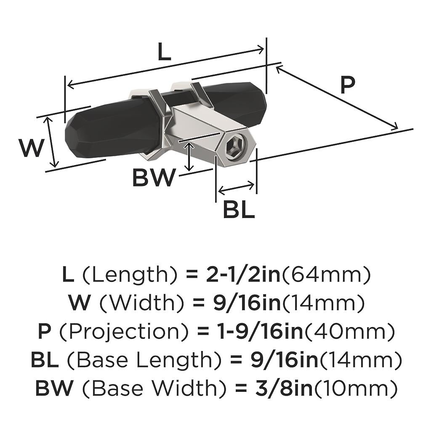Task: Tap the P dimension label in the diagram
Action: (x=348, y=85)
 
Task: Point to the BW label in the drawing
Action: (x=153, y=178)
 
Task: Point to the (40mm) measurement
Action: (x=349, y=332)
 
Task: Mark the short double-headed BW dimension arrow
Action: (x=189, y=156)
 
